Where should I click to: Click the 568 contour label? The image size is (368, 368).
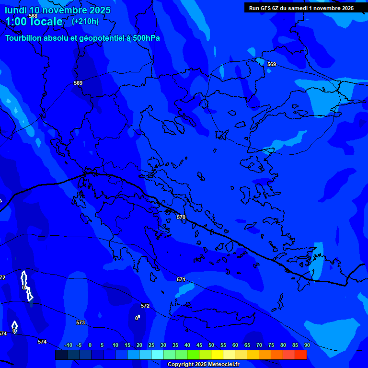(x=33, y=16)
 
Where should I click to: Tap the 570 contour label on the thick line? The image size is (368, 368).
(x=181, y=217)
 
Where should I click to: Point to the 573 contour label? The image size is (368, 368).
(x=80, y=322)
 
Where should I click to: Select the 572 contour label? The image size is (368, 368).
(x=145, y=306)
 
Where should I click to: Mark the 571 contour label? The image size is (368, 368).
(x=181, y=279)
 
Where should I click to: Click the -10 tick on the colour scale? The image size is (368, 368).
(x=68, y=345)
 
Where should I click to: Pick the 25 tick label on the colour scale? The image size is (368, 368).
(x=151, y=345)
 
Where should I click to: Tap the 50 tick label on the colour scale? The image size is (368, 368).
(x=211, y=345)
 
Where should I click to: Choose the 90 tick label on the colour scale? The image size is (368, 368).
(x=307, y=345)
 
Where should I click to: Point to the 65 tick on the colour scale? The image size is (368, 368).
(x=247, y=345)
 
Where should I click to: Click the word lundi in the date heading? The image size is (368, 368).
(x=15, y=10)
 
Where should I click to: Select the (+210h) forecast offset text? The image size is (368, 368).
(x=85, y=21)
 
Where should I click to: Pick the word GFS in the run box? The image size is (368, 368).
(x=265, y=8)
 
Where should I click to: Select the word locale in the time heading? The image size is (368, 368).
(x=45, y=22)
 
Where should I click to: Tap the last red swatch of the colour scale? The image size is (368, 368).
(x=301, y=355)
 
